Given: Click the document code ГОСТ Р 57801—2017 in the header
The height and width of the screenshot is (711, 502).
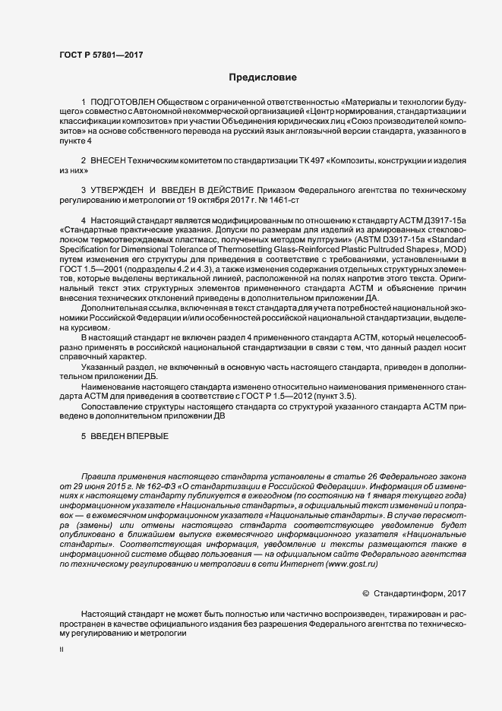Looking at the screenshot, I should (x=101, y=54).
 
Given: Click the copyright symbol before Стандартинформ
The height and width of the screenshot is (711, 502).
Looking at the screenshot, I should (x=365, y=593).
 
